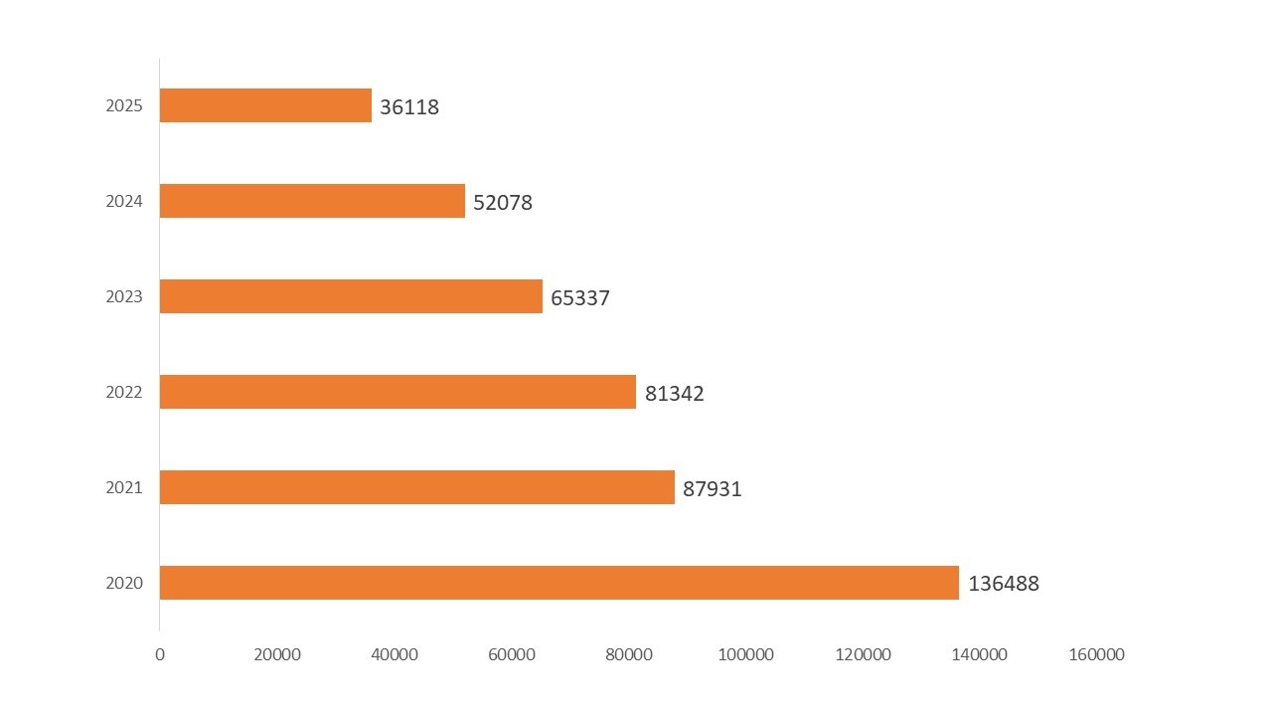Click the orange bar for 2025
click(265, 105)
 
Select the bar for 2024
click(312, 201)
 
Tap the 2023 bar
click(351, 296)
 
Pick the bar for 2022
click(397, 392)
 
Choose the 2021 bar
click(417, 487)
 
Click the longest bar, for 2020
click(558, 583)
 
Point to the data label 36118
click(409, 107)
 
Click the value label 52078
click(503, 203)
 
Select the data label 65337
click(580, 298)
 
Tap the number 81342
click(675, 394)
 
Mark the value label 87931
click(713, 489)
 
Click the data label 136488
click(1004, 584)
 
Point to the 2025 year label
click(124, 105)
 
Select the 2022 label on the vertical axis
click(124, 392)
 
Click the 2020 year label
click(124, 583)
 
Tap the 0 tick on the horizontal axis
click(159, 654)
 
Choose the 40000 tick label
click(395, 654)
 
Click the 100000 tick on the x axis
click(745, 654)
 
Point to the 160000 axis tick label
click(1097, 654)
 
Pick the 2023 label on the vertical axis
click(124, 296)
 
